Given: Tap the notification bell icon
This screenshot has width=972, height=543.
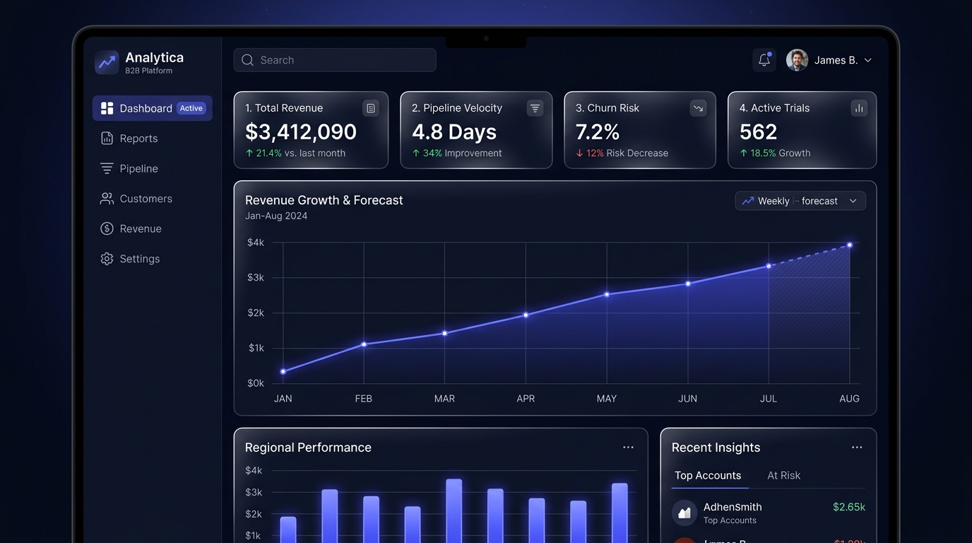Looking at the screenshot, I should (764, 60).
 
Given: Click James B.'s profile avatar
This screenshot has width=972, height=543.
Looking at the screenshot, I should (797, 60).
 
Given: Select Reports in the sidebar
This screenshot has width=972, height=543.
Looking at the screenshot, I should (138, 139).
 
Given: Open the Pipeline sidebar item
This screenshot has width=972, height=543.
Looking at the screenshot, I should (138, 169).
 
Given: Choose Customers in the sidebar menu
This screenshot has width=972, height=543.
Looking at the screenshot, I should (146, 199).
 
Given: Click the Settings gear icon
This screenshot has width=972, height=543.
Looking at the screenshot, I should (107, 259).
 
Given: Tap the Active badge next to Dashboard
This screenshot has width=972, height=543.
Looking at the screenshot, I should (191, 108).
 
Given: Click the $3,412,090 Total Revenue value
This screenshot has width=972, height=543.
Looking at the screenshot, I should (301, 132).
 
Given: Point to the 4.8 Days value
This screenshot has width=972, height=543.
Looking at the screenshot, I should (454, 132).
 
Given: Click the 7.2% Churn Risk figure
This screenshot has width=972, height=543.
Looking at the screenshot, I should (598, 132).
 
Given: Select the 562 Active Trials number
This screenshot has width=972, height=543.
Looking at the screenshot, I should (758, 132).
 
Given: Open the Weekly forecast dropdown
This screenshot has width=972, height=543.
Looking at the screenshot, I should (800, 201).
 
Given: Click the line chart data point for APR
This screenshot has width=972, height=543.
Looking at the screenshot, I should (526, 315).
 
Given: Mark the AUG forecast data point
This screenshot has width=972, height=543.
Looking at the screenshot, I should (850, 245).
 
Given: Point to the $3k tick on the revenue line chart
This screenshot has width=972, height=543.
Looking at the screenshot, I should (255, 278).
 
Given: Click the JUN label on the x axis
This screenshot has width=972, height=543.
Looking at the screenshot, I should (687, 399).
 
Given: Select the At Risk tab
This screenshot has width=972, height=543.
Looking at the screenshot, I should (783, 476).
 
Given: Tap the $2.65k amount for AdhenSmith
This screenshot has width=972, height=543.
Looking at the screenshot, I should (848, 507).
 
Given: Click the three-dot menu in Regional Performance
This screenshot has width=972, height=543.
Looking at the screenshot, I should (628, 448).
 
